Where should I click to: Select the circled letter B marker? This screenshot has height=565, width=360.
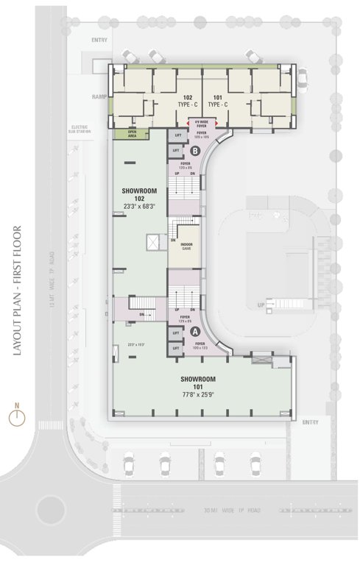coord(195,150)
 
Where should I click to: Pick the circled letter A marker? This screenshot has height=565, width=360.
coord(195,332)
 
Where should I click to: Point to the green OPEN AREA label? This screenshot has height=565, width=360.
coord(132,134)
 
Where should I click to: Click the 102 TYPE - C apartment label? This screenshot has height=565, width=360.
coord(183,101)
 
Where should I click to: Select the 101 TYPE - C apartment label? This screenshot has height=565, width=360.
coord(219,101)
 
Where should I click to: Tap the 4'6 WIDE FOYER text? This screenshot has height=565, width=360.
coord(200,124)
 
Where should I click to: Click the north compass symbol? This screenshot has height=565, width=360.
coord(17,417)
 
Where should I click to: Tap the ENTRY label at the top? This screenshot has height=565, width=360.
coord(99,40)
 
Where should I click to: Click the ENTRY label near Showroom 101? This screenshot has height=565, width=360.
coord(310,422)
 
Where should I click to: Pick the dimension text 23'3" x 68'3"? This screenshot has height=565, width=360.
coord(137,206)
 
